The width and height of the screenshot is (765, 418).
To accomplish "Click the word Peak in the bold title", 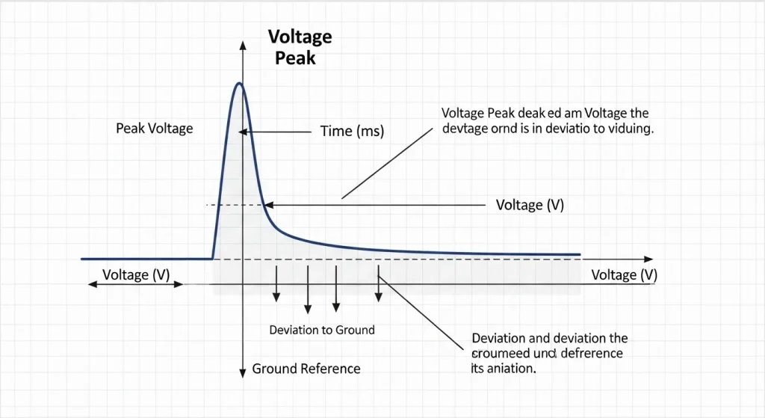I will pyautogui.click(x=296, y=58).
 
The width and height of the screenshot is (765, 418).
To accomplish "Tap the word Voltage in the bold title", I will pyautogui.click(x=300, y=37).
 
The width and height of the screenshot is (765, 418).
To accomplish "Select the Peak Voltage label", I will pyautogui.click(x=155, y=129).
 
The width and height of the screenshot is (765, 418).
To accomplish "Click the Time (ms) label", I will pyautogui.click(x=352, y=132).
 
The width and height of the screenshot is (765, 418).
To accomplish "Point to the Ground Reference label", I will pyautogui.click(x=306, y=369).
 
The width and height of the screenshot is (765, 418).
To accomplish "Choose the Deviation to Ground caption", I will pyautogui.click(x=322, y=330).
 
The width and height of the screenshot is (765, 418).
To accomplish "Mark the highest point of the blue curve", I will pyautogui.click(x=239, y=83).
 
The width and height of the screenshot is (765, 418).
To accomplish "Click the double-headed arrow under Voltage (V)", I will pyautogui.click(x=135, y=285).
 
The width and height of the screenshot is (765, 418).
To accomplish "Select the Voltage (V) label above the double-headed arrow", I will pyautogui.click(x=136, y=274).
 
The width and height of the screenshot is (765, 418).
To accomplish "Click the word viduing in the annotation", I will pyautogui.click(x=628, y=129).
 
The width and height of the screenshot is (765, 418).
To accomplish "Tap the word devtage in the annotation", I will pyautogui.click(x=467, y=129).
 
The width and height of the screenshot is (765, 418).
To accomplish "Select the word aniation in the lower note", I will pyautogui.click(x=512, y=368).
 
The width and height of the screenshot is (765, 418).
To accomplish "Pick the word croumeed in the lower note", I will pyautogui.click(x=503, y=353).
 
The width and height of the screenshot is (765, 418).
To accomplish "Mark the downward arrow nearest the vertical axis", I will pyautogui.click(x=276, y=297).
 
